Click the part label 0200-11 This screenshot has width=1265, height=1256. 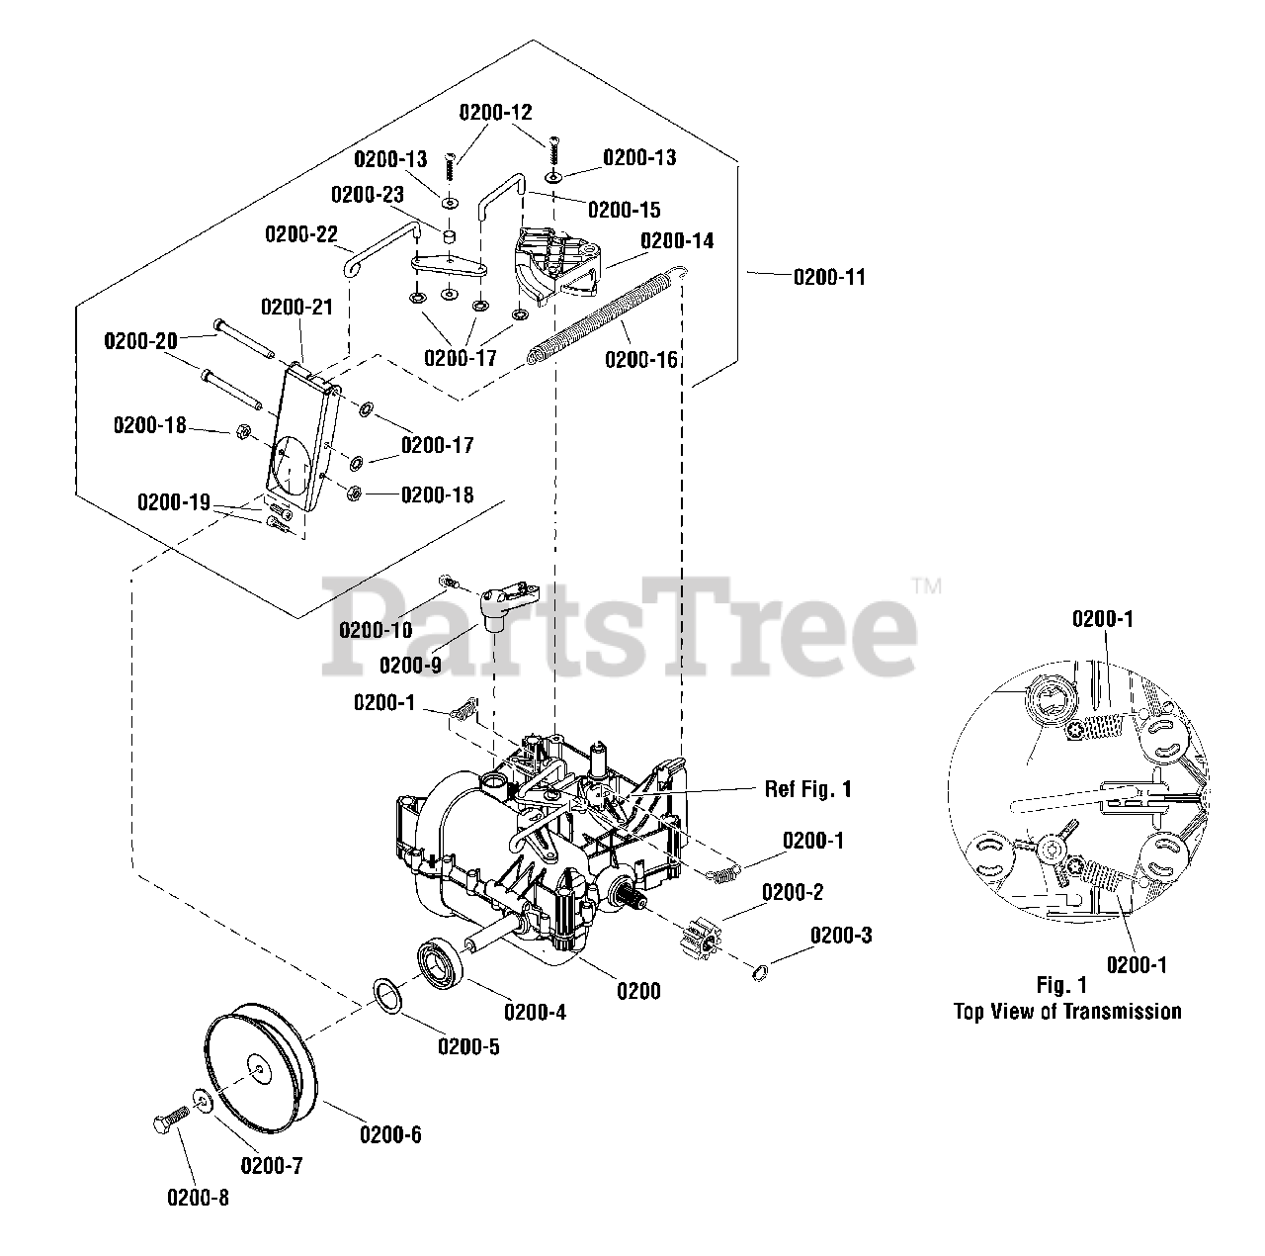point(829,277)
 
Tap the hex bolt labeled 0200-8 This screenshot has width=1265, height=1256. point(169,1124)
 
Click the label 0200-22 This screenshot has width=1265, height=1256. point(300,235)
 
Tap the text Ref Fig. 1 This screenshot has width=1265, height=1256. point(807,789)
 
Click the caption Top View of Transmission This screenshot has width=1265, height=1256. point(1066,1011)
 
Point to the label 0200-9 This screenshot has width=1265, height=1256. point(410,665)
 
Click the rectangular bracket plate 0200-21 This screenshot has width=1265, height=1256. point(301,436)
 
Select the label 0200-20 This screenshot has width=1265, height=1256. point(140,341)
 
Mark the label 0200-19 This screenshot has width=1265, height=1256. point(173,502)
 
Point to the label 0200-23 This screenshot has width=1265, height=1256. point(367,195)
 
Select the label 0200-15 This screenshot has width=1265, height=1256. point(624,210)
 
